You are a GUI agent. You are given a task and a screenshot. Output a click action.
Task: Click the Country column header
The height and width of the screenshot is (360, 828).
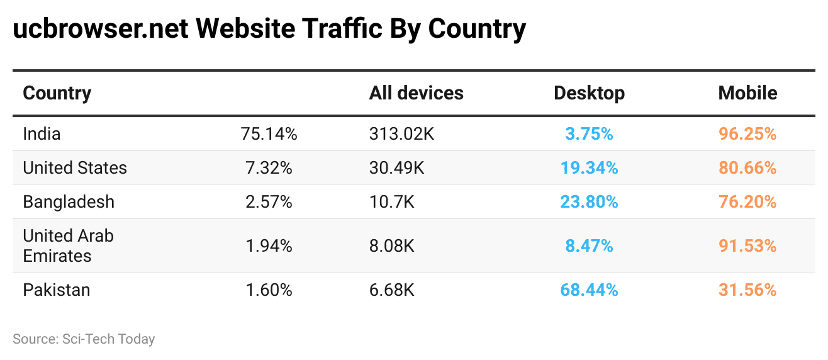[57, 93]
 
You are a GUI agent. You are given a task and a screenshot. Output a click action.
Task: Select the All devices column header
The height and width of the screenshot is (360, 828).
[416, 93]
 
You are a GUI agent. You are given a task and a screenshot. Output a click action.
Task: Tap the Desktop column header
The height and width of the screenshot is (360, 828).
[589, 93]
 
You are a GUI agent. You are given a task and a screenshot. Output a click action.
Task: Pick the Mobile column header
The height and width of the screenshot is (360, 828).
[747, 93]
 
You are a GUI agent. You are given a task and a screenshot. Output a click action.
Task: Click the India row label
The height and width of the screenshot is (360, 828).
[42, 133]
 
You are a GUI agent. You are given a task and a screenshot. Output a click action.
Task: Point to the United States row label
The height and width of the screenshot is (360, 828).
[75, 167]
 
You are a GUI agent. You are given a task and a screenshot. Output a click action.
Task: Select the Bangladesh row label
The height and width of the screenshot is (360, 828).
[69, 201]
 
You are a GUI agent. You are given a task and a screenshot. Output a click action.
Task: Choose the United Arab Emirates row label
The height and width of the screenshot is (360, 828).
[68, 245]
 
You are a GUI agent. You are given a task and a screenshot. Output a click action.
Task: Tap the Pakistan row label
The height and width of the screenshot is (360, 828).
[57, 290]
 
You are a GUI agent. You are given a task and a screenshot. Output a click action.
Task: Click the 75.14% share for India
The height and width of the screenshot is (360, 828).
[269, 133]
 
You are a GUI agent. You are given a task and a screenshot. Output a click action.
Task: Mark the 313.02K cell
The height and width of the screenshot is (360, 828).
[402, 133]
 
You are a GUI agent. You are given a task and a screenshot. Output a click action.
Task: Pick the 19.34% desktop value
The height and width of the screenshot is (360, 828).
[589, 167]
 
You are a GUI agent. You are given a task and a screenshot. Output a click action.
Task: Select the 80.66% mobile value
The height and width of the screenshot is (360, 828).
[747, 167]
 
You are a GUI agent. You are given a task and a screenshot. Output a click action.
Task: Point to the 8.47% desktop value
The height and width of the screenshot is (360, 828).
[589, 245]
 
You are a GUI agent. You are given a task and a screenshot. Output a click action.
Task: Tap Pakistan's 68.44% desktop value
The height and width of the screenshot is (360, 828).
[589, 290]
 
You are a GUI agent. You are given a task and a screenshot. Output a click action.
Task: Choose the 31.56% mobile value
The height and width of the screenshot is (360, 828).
[747, 290]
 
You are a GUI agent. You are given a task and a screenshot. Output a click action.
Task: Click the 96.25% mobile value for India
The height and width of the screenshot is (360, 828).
[747, 133]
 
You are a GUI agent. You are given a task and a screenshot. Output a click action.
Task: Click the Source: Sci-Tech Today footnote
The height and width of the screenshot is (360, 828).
[84, 339]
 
